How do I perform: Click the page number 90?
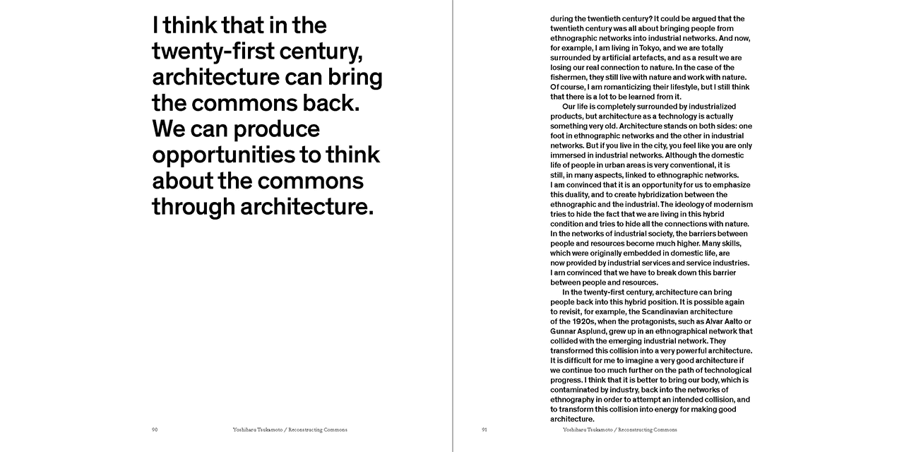pos(155,429)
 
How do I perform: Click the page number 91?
pos(484,429)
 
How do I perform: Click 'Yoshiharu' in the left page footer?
pos(246,429)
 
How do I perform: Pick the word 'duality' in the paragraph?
pos(579,194)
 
